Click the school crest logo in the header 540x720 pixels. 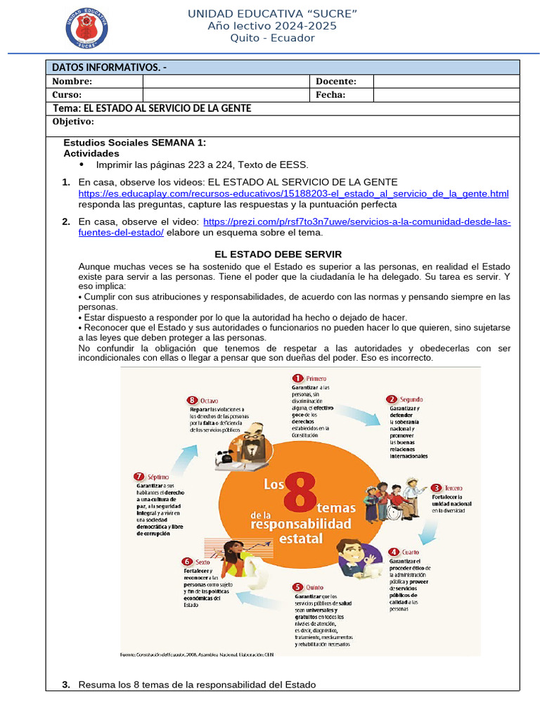[x=86, y=27]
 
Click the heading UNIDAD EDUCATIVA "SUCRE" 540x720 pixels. [x=272, y=14]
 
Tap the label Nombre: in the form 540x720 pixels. [x=72, y=82]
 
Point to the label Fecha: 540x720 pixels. [x=330, y=94]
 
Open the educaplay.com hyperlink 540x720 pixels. [x=293, y=193]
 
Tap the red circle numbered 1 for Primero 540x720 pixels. [x=297, y=378]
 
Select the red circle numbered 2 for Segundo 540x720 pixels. [x=392, y=399]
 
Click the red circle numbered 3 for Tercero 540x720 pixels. [x=436, y=487]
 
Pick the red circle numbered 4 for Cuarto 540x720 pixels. [x=394, y=552]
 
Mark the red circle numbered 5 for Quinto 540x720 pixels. [x=298, y=586]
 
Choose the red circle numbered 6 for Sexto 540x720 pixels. [x=186, y=561]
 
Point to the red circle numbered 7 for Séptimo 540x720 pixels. [x=139, y=476]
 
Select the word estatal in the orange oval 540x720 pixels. [x=301, y=539]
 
